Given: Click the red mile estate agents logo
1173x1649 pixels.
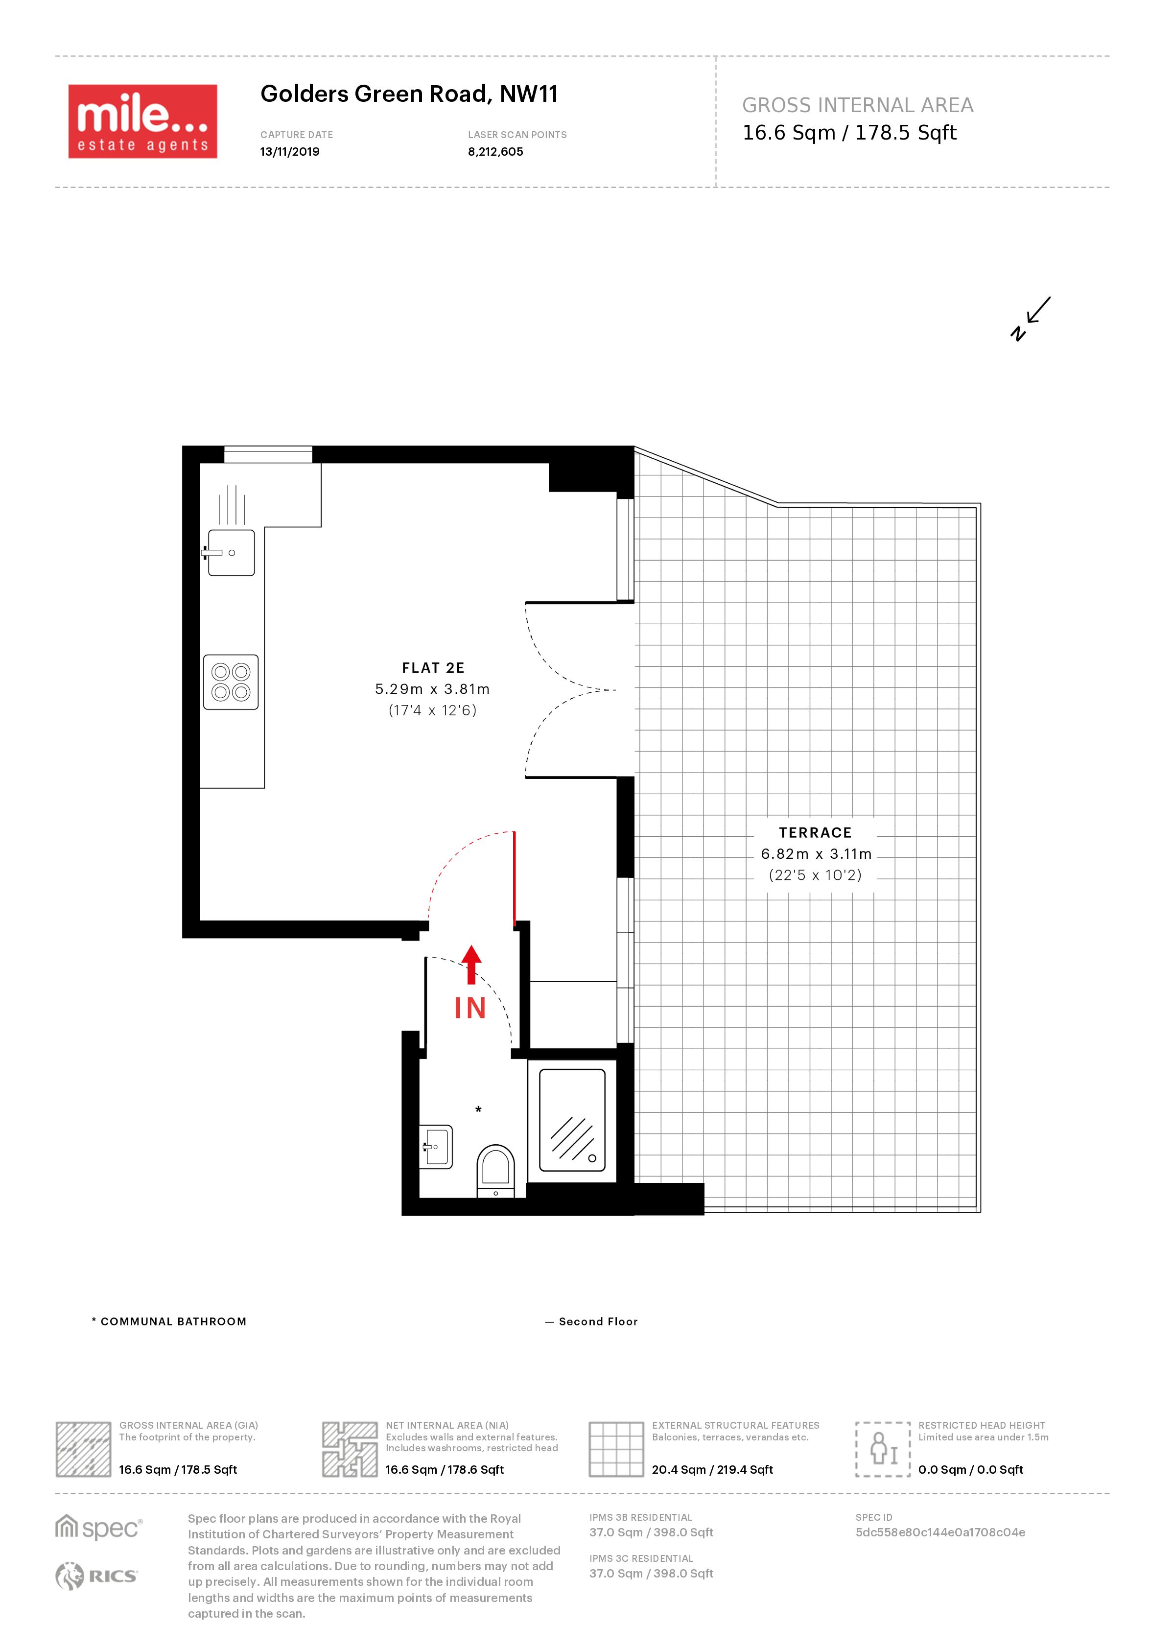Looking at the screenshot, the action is [x=142, y=121].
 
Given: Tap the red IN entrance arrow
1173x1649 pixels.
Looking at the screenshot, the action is [x=471, y=964].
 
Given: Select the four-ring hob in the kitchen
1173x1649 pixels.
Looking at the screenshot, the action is [x=231, y=682].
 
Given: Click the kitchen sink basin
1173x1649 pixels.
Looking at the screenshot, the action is [x=231, y=553].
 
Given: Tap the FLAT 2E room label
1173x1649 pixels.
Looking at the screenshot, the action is [x=433, y=668].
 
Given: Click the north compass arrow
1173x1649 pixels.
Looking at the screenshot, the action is [x=1031, y=318].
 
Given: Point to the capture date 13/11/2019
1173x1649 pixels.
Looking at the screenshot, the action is [x=290, y=152].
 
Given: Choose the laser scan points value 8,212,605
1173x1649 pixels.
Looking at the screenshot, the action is [x=495, y=152].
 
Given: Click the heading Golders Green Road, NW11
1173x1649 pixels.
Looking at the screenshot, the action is [x=409, y=94].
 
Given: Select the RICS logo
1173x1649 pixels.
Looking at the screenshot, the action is [x=96, y=1576].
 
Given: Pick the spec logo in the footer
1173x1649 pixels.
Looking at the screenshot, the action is [x=99, y=1527].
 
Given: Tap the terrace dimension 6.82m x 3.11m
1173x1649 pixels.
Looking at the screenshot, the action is [x=816, y=854].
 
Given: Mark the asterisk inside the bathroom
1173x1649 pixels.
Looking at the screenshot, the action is [x=478, y=1109].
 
